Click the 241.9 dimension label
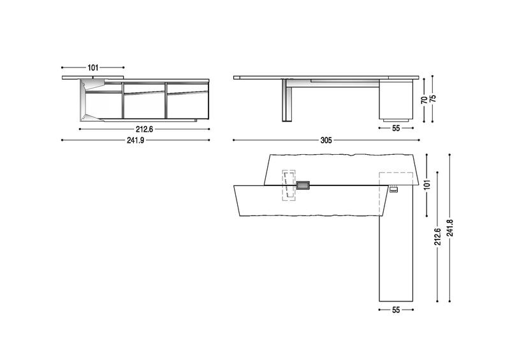click(x=135, y=140)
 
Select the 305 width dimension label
click(x=326, y=140)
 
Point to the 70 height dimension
click(x=424, y=99)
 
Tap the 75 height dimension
click(x=433, y=99)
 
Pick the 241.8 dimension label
click(x=450, y=228)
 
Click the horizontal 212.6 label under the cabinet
click(x=144, y=129)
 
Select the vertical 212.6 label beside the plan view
click(x=437, y=236)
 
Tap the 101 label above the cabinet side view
click(x=92, y=68)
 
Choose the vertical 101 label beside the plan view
click(x=427, y=184)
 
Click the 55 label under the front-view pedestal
click(x=396, y=128)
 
